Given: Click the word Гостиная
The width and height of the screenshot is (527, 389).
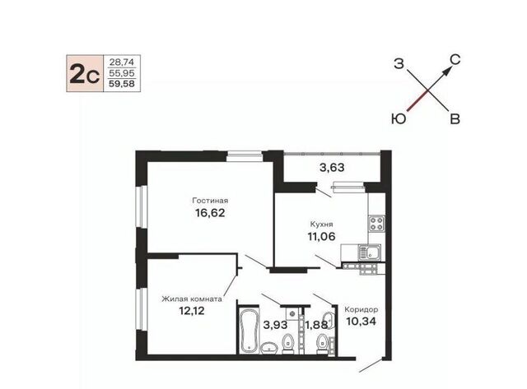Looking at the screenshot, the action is (x=210, y=201).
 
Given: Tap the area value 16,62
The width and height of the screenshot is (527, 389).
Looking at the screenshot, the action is (x=210, y=213).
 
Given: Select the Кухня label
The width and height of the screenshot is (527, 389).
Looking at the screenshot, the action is (x=321, y=224).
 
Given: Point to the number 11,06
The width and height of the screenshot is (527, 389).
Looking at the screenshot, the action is (x=321, y=236).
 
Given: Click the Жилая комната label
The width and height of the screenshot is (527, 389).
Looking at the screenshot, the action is (x=192, y=299).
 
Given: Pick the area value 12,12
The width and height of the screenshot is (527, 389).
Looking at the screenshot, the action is (x=192, y=311).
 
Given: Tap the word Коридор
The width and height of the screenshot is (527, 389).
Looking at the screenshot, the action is (x=361, y=309).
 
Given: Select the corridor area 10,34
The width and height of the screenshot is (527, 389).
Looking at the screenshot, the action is (x=361, y=322).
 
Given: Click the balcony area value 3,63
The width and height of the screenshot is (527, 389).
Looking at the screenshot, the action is (x=332, y=167).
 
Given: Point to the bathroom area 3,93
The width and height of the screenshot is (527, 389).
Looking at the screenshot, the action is (x=275, y=325).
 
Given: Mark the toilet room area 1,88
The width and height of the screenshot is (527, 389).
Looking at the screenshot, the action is (x=316, y=325).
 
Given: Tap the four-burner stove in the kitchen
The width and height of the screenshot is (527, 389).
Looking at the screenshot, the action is (x=376, y=224).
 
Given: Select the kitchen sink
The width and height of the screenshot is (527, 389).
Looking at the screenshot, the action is (x=369, y=252).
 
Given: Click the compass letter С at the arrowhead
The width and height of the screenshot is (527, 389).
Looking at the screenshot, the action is (x=455, y=60).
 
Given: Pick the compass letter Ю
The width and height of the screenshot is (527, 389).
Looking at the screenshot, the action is (x=399, y=119).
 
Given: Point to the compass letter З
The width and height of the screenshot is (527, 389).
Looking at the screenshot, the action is (x=399, y=63).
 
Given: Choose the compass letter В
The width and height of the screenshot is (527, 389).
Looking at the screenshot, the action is (x=455, y=119).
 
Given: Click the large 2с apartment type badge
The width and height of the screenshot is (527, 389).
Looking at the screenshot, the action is (x=85, y=73).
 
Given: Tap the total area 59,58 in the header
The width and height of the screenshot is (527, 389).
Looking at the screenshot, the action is (x=122, y=84).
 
